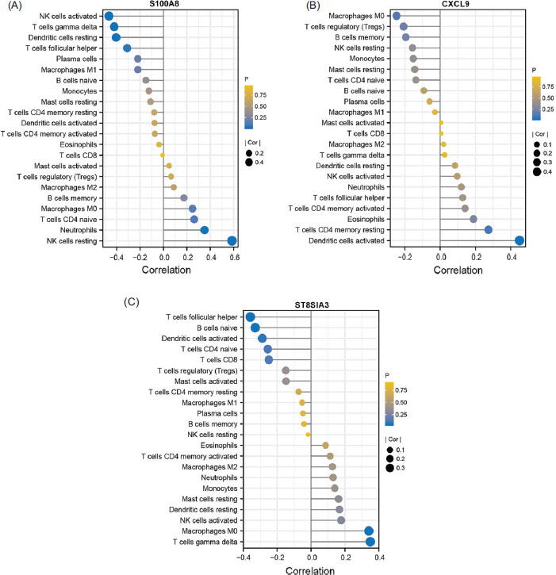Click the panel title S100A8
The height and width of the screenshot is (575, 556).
(x=164, y=4)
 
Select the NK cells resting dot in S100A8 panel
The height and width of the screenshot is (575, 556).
(x=232, y=241)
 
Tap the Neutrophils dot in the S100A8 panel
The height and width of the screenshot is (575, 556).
(x=204, y=230)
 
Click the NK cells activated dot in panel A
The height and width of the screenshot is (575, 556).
(x=109, y=15)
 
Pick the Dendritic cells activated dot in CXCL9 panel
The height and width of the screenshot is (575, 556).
(x=520, y=241)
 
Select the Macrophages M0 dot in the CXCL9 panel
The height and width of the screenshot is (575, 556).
(x=397, y=15)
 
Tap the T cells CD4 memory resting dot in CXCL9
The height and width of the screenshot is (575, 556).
(x=489, y=230)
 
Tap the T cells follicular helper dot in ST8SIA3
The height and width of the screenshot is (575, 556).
(x=251, y=316)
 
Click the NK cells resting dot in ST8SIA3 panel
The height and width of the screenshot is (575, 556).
(x=308, y=435)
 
